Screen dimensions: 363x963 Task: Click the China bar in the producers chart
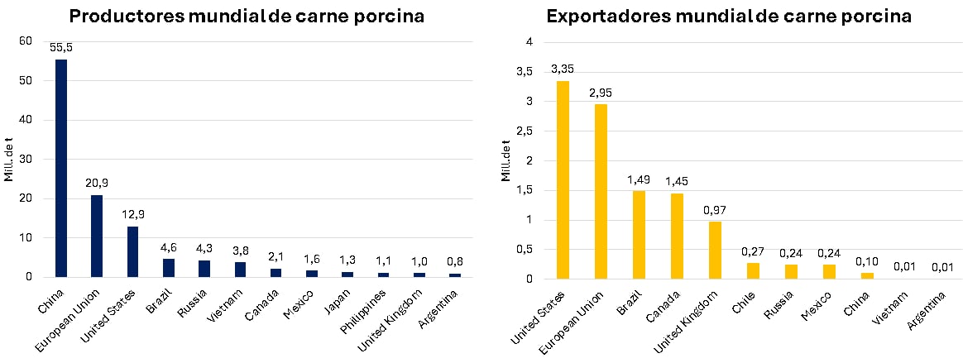pos(61,168)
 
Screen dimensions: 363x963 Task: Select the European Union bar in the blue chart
pos(97,236)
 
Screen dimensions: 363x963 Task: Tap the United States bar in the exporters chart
pos(563,179)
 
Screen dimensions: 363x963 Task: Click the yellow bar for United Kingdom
pos(715,250)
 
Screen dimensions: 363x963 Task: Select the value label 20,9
pos(97,184)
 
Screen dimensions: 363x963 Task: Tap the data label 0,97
pos(715,210)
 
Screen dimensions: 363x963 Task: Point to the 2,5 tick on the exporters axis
pos(523,131)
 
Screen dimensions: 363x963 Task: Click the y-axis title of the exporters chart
pos(505,160)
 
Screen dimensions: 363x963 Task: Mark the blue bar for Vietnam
pos(240,269)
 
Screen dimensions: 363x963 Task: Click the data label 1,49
pos(639,179)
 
